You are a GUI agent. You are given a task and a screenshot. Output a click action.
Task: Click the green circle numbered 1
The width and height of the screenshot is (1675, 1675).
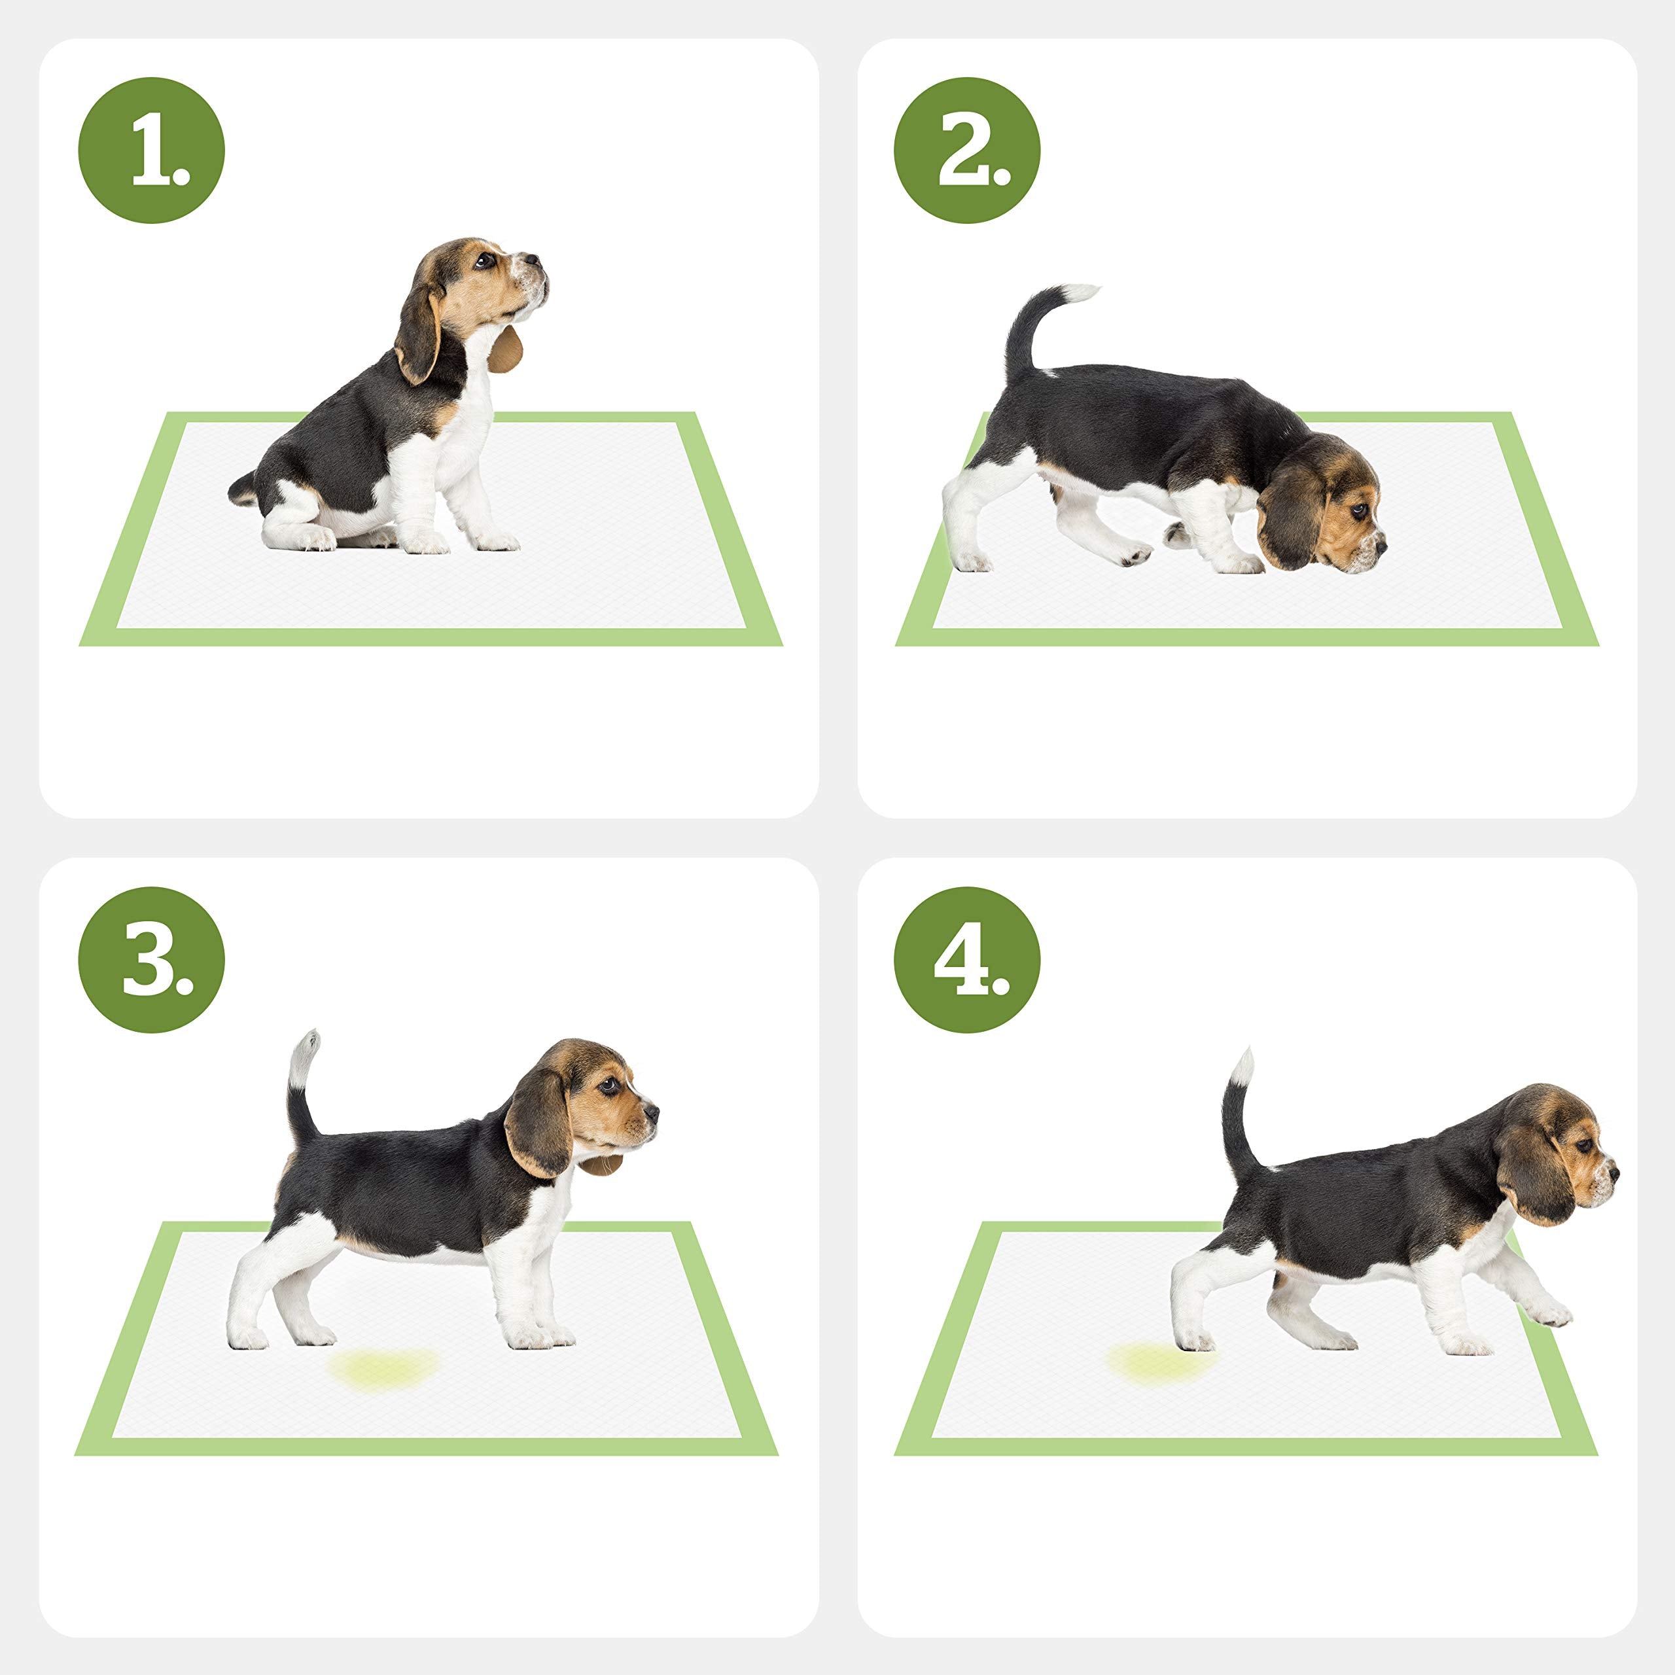pos(151,151)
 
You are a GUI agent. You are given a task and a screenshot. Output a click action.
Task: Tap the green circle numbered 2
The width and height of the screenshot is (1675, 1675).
pos(966,151)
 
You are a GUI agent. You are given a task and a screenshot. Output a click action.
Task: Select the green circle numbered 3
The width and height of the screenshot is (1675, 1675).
pos(151,960)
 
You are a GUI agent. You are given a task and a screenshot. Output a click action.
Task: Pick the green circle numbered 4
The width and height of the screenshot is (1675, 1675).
pos(966,960)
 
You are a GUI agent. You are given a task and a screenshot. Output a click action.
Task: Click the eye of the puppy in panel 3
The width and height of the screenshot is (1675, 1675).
pos(610,1085)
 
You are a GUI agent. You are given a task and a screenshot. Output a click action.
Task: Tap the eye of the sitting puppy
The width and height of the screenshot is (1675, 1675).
pos(480,259)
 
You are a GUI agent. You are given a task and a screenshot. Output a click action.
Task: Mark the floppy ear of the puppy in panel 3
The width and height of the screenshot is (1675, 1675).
pos(538,1125)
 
